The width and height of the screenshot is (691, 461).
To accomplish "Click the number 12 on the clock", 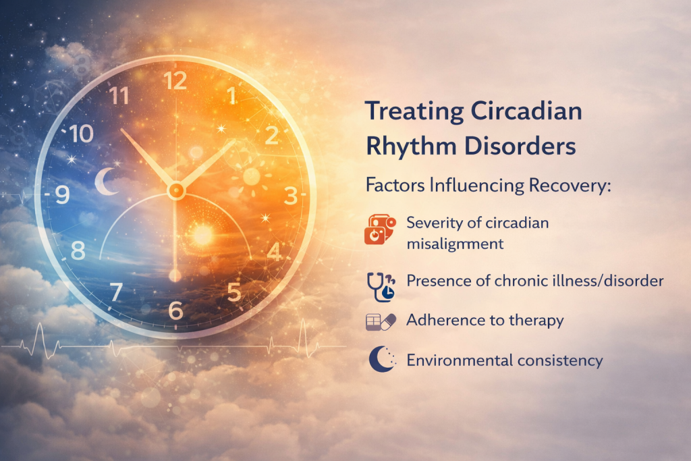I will [x=175, y=81].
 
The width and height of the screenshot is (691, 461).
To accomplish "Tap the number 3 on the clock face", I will [x=290, y=196].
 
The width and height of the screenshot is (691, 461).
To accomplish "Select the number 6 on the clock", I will [x=175, y=310].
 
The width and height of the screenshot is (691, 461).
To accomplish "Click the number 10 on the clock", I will [x=81, y=134].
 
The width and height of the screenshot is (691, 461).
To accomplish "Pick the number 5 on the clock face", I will [x=234, y=293].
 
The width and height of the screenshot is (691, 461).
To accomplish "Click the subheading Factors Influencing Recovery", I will [x=487, y=186].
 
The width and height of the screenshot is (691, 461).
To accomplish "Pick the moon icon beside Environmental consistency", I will [x=380, y=360].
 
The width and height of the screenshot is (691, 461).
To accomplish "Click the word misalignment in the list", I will [x=455, y=244].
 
